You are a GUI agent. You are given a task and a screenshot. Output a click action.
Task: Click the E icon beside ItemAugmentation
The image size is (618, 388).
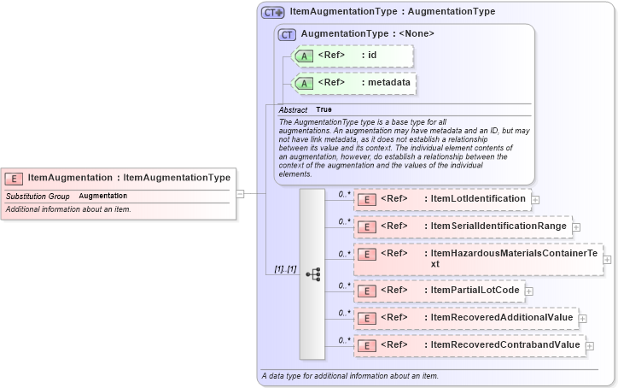(15, 179)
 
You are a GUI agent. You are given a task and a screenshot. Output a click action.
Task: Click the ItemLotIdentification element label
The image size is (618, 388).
(478, 199)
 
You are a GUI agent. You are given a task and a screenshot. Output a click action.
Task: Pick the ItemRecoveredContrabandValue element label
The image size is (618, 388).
(505, 345)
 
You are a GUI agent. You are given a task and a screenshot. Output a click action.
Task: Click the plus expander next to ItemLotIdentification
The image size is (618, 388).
(535, 199)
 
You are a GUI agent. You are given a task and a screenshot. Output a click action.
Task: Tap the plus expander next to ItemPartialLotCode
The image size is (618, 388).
(529, 291)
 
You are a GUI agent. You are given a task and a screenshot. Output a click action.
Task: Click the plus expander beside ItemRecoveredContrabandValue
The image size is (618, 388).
(589, 345)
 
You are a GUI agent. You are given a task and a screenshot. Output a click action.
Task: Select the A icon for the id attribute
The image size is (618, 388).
(304, 56)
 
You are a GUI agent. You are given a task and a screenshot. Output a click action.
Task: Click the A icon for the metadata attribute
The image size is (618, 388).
(304, 83)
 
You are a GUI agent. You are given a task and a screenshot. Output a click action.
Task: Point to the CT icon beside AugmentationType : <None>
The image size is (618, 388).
(287, 34)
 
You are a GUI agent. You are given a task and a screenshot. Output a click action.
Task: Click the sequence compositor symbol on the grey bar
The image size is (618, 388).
(312, 273)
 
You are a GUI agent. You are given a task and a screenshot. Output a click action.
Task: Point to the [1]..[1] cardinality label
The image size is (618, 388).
(285, 269)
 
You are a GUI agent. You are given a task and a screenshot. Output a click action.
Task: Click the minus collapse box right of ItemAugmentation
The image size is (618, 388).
(241, 193)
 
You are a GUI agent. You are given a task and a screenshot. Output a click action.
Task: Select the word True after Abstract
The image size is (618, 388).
(324, 110)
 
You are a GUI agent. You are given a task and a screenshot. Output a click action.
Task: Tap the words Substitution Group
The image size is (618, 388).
(38, 197)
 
